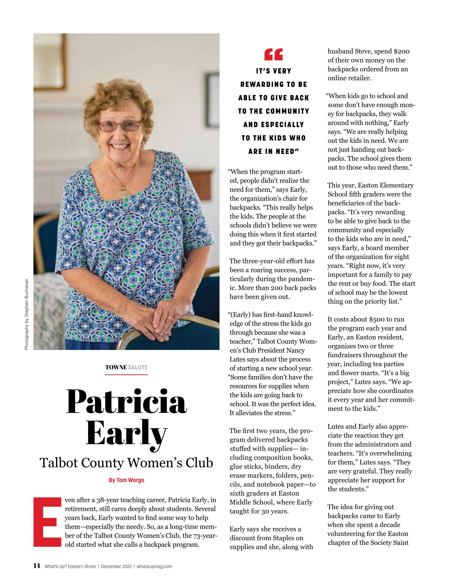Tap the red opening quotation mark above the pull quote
273,55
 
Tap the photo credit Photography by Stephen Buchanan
26,314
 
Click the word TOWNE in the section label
116,367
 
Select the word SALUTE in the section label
138,367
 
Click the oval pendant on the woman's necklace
123,193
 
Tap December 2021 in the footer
116,566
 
